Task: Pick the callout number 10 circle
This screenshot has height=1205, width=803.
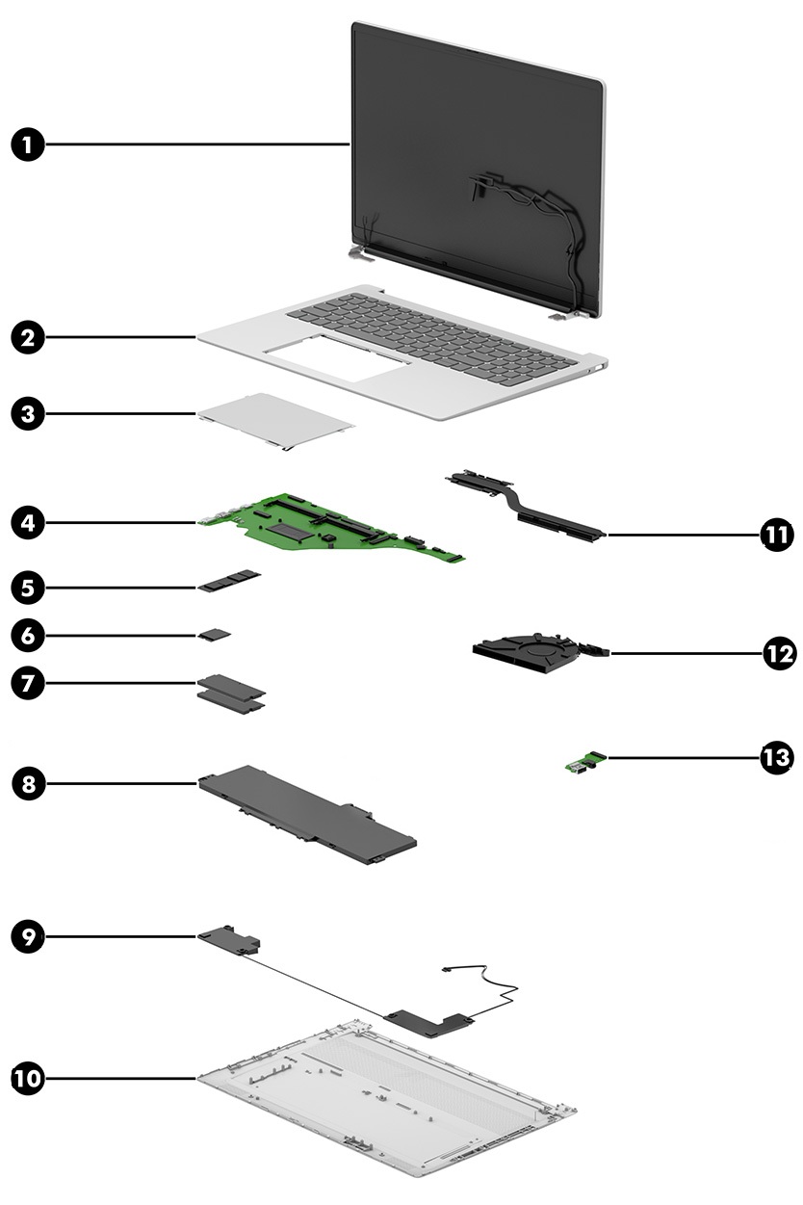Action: click(29, 1078)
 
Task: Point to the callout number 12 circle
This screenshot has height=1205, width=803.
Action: click(776, 654)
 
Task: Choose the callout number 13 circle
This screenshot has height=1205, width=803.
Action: click(776, 758)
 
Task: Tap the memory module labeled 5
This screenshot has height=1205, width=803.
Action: click(232, 582)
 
